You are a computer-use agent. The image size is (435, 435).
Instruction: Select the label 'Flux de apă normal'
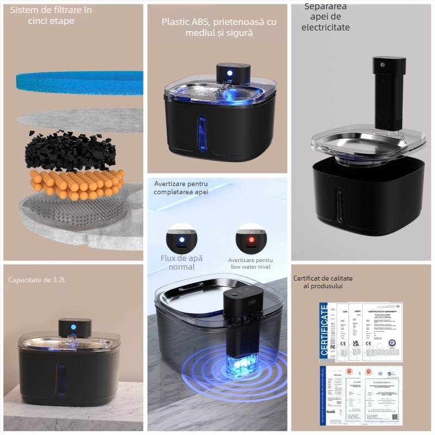click(x=181, y=262)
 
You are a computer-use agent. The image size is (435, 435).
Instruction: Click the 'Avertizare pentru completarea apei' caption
click(x=181, y=188)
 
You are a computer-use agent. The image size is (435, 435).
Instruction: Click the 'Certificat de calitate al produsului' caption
click(x=323, y=282)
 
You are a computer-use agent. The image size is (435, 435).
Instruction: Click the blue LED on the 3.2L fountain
click(x=73, y=327)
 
